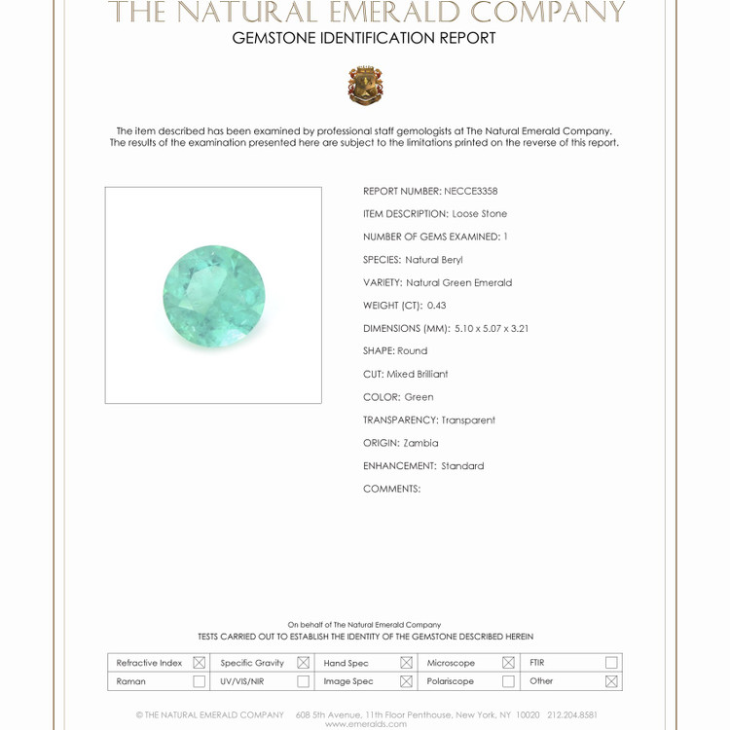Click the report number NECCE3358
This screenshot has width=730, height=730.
470,192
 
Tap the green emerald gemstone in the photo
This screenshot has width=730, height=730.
214,297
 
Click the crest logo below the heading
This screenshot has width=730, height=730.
365,86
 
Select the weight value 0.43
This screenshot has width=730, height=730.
436,306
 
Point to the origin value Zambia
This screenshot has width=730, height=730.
420,443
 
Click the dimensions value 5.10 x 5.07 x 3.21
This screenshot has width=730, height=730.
505,329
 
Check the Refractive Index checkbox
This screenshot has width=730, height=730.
199,663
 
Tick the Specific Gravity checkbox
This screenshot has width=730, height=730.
303,663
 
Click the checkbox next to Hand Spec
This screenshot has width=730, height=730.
406,663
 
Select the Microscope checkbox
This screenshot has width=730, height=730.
508,663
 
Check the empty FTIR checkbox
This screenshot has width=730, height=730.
611,663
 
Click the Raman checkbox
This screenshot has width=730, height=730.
199,681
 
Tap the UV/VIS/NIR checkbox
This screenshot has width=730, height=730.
303,681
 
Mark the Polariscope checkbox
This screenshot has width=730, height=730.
508,681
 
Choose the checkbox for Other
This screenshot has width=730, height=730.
611,681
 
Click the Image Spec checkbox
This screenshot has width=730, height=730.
406,681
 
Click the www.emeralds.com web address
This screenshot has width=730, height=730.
365,724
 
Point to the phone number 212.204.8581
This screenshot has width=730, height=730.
571,714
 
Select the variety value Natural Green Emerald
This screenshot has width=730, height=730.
458,283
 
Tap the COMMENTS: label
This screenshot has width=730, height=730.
391,489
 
